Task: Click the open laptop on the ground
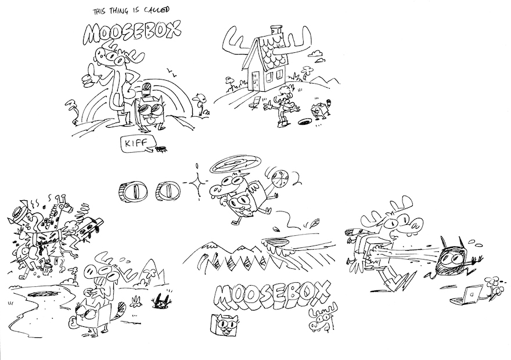[469, 295]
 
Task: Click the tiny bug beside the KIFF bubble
[159, 148]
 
